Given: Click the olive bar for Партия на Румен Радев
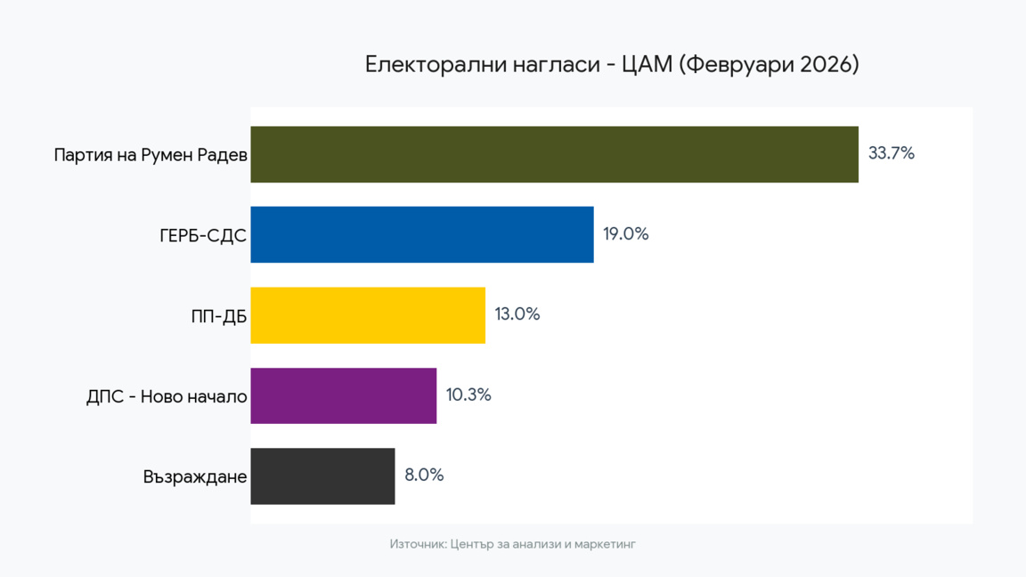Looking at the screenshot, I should coord(554,154).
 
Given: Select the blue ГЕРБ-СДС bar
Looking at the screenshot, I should coord(421,234).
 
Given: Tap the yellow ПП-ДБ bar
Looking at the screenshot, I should coord(367,315).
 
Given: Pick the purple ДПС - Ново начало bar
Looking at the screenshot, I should coord(343,395).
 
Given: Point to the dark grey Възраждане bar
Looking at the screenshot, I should coord(322,476).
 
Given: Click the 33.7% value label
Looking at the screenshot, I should coord(892,153).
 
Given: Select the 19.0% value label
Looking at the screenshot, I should coord(625,234).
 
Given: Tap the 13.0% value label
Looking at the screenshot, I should coord(517,314).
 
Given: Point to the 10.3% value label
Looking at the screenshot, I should coord(468,394).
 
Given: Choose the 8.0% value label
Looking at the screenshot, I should coord(424,475).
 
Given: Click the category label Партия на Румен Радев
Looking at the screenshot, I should coord(150,155).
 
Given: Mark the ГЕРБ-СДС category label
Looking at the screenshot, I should coord(202,236).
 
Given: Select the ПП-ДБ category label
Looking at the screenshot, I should coord(218,316).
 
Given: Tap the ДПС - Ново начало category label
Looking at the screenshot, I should coord(166,396).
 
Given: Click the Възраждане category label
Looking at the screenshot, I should coord(194,477).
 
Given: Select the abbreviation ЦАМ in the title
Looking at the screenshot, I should coord(647,64).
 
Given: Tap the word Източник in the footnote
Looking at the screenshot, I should coord(418,543).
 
